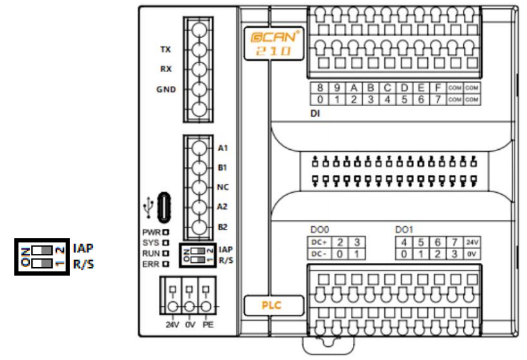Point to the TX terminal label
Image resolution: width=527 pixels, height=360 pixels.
point(165,50)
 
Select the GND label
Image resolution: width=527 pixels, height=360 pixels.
point(165,89)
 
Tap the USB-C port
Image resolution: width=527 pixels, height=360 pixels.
point(164,205)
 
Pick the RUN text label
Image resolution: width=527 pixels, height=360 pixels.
point(151,253)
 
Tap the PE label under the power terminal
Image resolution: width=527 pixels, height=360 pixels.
point(208,324)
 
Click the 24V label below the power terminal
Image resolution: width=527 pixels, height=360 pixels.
point(172,324)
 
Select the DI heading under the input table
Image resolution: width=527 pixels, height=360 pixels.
point(316,112)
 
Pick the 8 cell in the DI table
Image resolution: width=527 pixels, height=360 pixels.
point(320,88)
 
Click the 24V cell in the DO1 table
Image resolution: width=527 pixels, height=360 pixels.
point(472,242)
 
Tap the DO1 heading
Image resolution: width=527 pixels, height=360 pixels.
point(404,230)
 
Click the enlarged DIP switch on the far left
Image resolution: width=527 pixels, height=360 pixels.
point(42,256)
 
